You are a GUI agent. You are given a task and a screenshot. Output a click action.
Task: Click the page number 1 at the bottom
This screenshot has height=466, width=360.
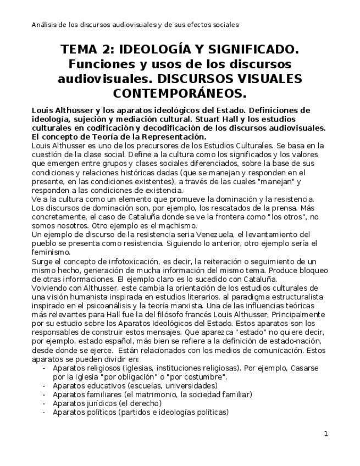tap(326, 434)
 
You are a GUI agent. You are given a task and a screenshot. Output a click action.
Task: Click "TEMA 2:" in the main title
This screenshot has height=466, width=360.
tap(88, 50)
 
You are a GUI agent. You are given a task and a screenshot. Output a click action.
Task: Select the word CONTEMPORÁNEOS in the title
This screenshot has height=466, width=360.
tap(180, 93)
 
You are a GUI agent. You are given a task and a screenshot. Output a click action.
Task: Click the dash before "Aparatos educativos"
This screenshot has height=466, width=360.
tap(43, 386)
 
